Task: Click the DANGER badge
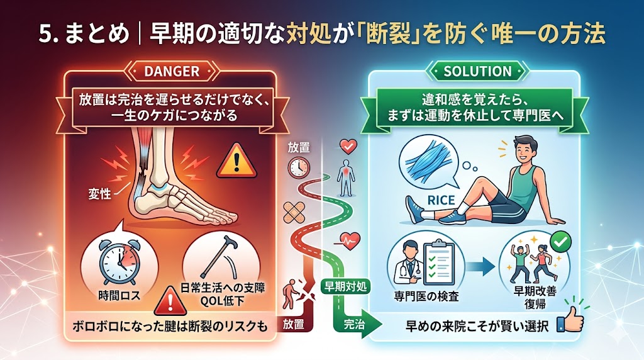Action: [172, 72]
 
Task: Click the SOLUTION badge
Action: [477, 72]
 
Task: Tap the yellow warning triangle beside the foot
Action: [236, 161]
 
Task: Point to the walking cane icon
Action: [218, 257]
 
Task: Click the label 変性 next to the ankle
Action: [100, 193]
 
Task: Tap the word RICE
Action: [441, 201]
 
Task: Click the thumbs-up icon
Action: [570, 322]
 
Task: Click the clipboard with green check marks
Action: [438, 263]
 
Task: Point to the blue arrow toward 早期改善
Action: [481, 266]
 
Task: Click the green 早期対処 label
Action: [345, 286]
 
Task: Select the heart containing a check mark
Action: [348, 146]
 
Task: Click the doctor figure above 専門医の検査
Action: [408, 262]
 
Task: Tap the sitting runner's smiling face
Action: [521, 152]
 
